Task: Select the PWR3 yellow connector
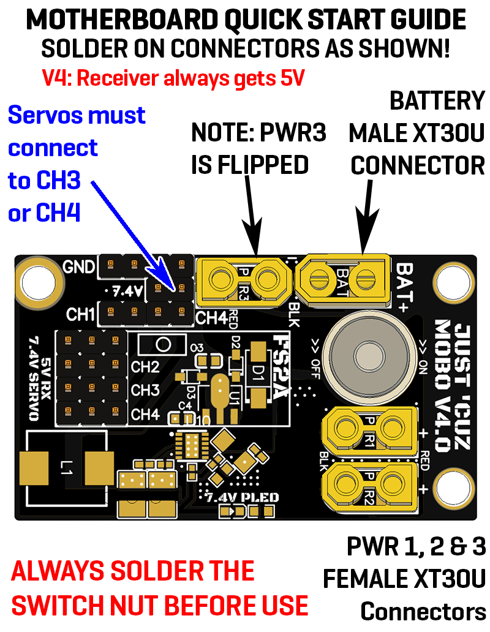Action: click(x=242, y=282)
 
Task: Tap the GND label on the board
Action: click(x=79, y=267)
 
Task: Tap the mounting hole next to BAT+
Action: click(x=454, y=281)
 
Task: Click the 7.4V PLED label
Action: click(x=243, y=497)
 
